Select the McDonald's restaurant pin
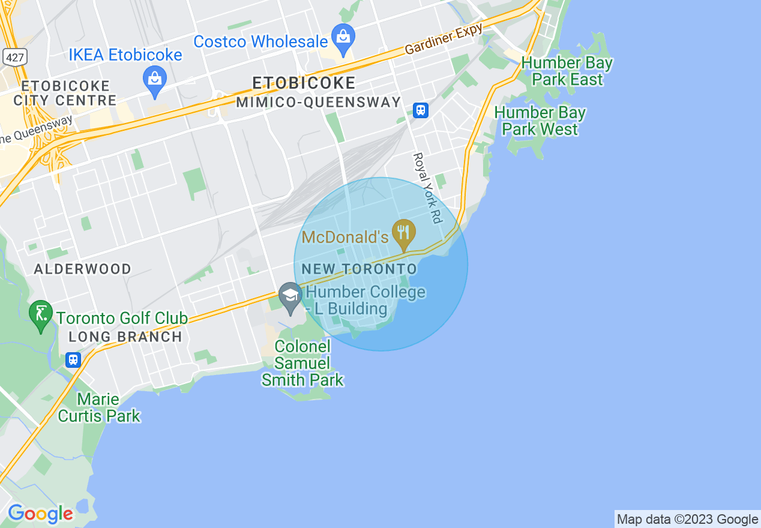403,233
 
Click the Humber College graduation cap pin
290,297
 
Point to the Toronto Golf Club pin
41,315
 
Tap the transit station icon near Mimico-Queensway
421,110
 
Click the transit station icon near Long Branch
73,359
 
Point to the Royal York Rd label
427,188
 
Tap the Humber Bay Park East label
567,71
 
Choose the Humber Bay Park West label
540,121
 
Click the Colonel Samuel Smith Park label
302,363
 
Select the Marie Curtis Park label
99,407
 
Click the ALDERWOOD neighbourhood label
82,269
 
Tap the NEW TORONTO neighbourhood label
359,269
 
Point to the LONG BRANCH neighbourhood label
125,337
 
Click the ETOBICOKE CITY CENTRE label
65,93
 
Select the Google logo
40,514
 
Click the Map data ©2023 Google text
687,519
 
